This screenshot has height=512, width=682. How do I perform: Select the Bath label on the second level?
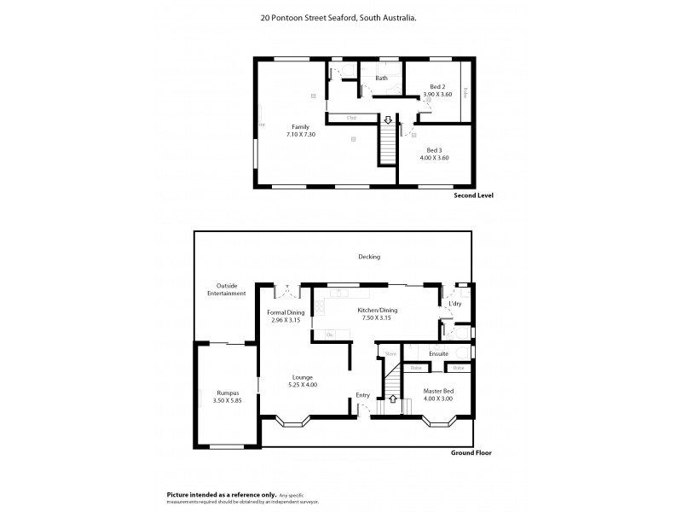click(x=381, y=79)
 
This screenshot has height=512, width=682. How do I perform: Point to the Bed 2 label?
click(x=436, y=86)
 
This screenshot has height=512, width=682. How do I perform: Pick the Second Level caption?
click(x=473, y=195)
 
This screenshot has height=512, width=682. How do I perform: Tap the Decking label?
click(x=369, y=256)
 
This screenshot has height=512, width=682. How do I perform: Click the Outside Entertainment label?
click(x=226, y=289)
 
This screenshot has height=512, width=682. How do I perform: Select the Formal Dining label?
click(x=285, y=311)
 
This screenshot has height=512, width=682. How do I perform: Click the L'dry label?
click(x=454, y=304)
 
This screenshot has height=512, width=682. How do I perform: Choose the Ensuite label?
click(x=438, y=352)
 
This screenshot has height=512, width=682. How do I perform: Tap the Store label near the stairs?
click(x=391, y=352)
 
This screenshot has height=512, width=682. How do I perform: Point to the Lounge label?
click(x=302, y=377)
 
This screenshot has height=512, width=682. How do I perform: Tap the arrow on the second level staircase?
click(x=388, y=119)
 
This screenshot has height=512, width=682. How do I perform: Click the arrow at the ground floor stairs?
click(x=392, y=399)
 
